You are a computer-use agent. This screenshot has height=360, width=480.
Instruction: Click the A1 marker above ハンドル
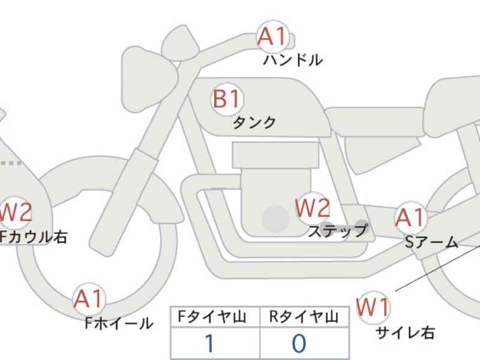tap(273, 36)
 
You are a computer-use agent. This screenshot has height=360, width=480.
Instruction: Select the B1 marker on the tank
tap(227, 99)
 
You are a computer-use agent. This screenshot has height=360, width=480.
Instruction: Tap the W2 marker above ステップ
tap(313, 208)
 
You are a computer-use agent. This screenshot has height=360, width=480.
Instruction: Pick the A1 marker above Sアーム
tap(410, 218)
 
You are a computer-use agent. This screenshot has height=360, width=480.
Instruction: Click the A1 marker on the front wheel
tap(89, 299)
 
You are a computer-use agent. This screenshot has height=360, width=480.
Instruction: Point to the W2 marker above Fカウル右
tap(16, 212)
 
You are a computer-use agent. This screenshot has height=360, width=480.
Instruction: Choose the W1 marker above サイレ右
tap(373, 307)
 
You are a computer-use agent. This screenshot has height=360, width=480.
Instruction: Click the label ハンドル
tap(293, 60)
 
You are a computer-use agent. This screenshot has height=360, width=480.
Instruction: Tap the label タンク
tap(254, 123)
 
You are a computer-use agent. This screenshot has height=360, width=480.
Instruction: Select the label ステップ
tap(338, 231)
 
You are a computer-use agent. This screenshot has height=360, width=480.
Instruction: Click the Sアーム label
tap(431, 243)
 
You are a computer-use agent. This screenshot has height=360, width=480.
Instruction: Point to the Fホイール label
tap(119, 323)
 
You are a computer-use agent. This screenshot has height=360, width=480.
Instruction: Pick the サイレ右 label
tap(405, 333)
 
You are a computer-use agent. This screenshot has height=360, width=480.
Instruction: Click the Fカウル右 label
tap(33, 237)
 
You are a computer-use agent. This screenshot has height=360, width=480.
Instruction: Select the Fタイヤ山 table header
tap(212, 317)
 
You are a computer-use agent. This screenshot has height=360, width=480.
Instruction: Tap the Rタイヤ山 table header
tap(304, 317)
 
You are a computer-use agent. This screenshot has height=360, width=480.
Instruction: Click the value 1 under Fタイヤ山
tap(209, 343)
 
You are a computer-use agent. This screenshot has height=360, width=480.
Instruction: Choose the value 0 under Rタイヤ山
tap(299, 343)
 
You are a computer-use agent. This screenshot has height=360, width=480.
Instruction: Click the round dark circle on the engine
tap(275, 218)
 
